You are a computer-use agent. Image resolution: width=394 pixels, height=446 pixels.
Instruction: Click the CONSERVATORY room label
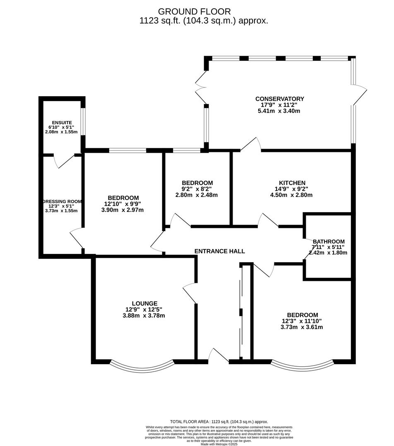279,99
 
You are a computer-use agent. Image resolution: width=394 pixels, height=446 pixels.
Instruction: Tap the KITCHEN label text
292,183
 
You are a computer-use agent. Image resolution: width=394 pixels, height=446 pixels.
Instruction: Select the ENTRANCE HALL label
219,251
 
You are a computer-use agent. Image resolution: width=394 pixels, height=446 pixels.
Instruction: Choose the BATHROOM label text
329,242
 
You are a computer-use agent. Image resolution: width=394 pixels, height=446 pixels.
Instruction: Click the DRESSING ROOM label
62,202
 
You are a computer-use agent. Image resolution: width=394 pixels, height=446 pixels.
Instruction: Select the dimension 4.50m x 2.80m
292,195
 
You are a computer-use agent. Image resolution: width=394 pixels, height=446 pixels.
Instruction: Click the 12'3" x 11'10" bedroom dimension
301,321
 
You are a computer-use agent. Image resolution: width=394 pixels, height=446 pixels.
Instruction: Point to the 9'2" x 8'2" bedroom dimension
197,189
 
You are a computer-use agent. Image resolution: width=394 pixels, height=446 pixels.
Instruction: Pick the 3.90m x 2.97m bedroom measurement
123,210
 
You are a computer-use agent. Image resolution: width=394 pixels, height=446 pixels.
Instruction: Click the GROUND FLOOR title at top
194,12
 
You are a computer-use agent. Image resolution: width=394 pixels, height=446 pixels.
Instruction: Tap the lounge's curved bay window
142,365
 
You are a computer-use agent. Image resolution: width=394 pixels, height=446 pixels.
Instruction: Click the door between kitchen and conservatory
251,144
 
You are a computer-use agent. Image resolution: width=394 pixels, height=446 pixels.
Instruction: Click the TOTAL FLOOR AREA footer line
219,422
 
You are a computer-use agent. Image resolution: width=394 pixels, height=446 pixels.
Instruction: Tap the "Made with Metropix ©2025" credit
219,444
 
